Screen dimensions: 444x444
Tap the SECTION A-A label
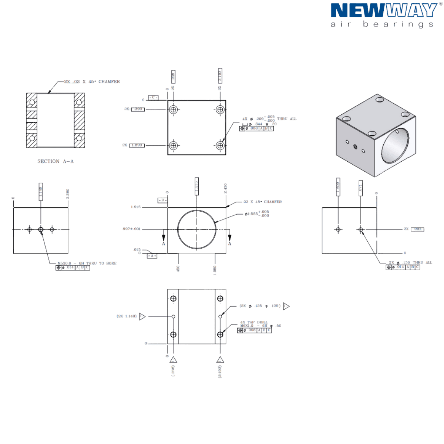[x=55, y=162]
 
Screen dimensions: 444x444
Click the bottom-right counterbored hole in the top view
[x=221, y=145]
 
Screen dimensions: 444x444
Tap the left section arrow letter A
[x=164, y=244]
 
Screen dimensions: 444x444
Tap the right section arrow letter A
[x=230, y=244]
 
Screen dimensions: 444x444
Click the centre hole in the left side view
[x=41, y=230]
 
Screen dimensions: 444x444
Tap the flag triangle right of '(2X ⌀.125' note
[x=286, y=306]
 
